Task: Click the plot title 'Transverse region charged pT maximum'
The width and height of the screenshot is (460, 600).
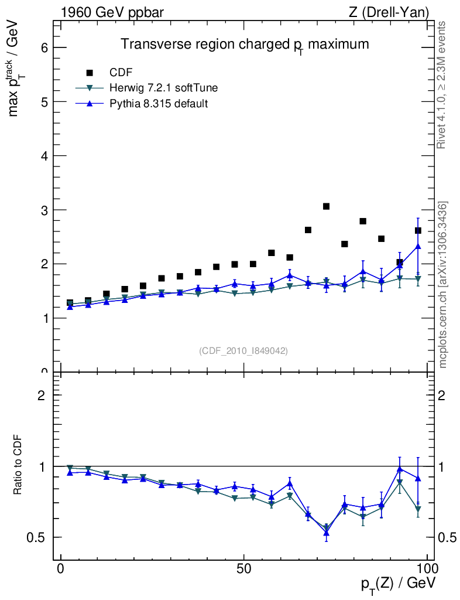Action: click(245, 45)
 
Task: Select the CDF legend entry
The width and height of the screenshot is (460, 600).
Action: click(121, 73)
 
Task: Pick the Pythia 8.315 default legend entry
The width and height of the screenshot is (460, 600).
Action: click(159, 104)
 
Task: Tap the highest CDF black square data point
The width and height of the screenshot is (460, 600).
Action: click(327, 206)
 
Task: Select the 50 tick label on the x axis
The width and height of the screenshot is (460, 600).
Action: click(244, 569)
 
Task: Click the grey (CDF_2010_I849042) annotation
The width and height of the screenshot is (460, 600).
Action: click(243, 350)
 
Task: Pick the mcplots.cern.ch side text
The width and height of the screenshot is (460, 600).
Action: click(443, 285)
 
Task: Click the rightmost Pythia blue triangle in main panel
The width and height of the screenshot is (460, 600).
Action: click(418, 247)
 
